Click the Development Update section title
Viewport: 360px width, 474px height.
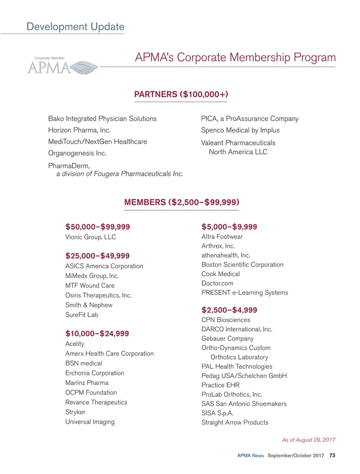coord(75,26)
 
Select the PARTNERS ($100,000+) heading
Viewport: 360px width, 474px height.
coord(181,94)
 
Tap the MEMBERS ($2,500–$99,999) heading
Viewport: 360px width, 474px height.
coord(181,202)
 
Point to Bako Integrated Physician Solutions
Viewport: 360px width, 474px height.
coord(102,119)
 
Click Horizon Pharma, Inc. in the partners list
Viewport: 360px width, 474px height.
coord(79,130)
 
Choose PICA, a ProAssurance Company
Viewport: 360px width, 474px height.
coord(250,119)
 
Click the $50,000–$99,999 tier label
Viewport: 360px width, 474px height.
coord(98,226)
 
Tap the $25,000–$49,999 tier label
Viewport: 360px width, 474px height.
coord(98,255)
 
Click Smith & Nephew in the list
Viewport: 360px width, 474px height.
coord(89,305)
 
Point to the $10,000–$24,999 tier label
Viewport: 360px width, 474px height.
coord(97,333)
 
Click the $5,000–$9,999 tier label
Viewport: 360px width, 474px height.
coord(229,226)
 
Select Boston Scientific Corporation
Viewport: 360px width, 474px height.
coord(242,264)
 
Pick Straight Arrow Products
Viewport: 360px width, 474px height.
coord(235,423)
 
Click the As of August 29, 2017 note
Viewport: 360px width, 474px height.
coord(309,440)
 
